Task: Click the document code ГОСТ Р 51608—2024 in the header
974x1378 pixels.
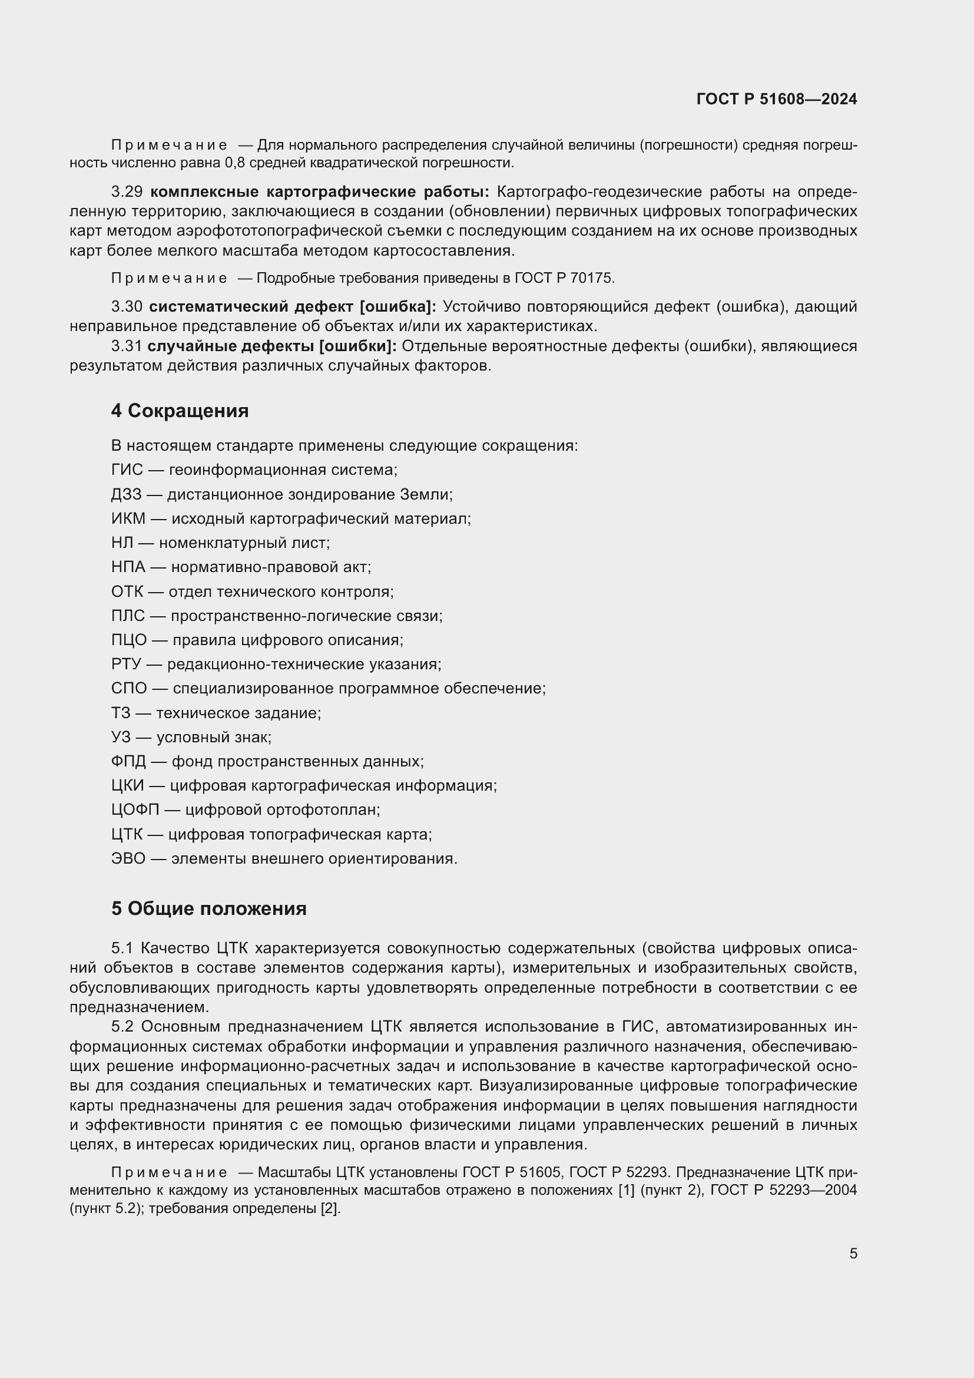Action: [776, 99]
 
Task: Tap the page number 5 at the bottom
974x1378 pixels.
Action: [853, 1253]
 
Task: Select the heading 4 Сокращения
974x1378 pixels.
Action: [180, 411]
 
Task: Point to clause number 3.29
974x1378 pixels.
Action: [127, 192]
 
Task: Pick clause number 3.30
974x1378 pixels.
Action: [127, 307]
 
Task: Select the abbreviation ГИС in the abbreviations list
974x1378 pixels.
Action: [127, 470]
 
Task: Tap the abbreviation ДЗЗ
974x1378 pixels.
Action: [127, 494]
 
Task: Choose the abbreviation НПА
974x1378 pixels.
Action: [128, 567]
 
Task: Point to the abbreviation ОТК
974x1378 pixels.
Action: [127, 591]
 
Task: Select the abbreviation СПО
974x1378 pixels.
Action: [129, 688]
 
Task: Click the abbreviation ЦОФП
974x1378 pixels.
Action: [135, 809]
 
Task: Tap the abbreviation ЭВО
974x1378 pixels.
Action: [128, 859]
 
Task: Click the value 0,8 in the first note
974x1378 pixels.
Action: [234, 163]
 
